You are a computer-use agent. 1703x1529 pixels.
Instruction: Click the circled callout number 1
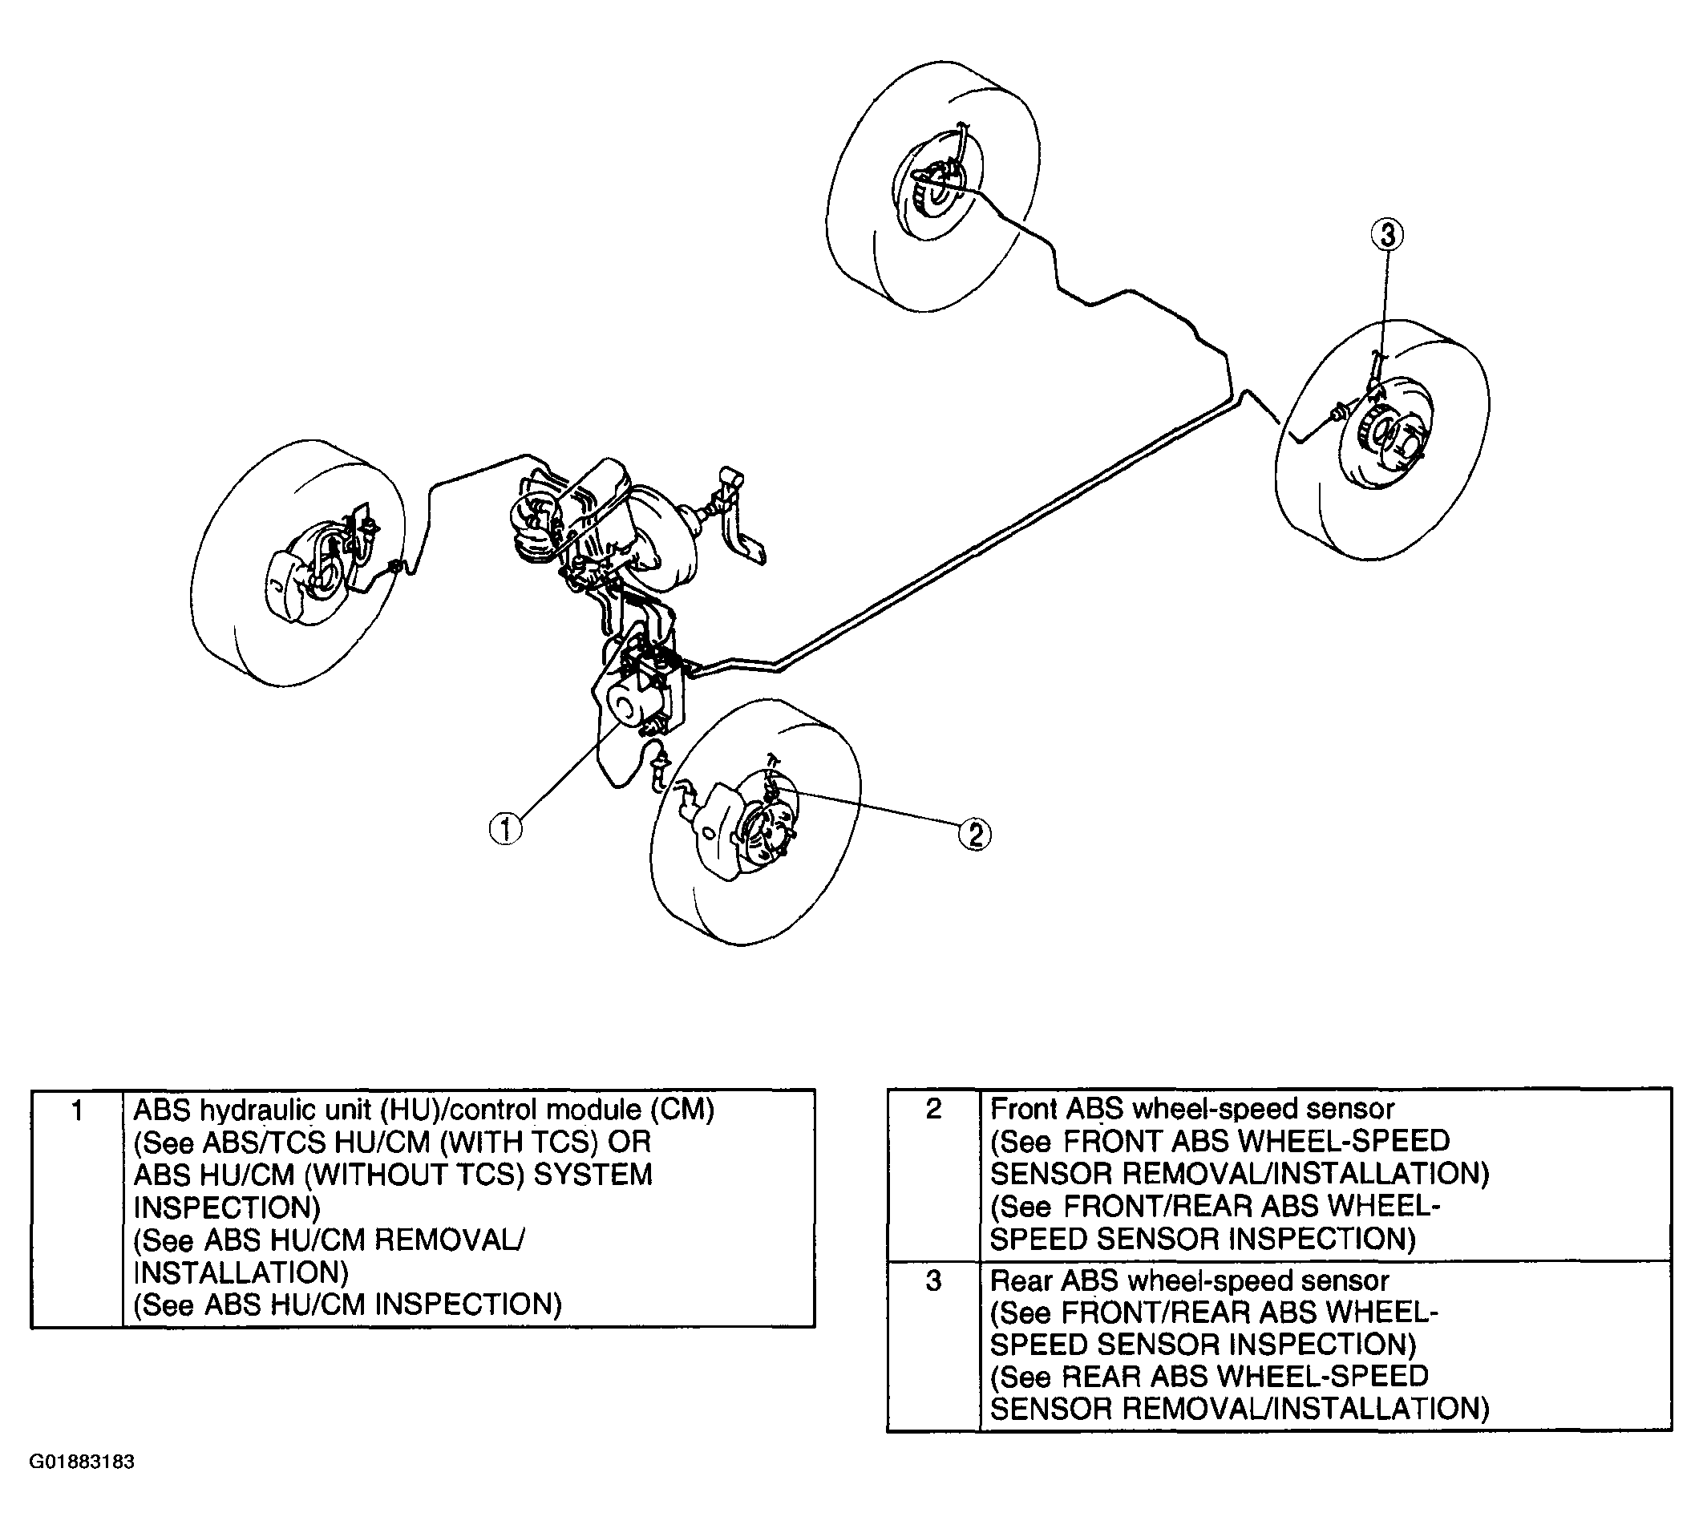coord(505,829)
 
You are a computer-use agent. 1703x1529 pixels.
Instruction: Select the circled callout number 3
coord(1386,234)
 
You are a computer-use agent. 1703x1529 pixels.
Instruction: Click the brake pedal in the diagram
coord(739,521)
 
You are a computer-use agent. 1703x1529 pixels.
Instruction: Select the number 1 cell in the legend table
coord(77,1111)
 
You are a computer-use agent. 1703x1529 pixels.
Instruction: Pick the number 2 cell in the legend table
coord(932,1109)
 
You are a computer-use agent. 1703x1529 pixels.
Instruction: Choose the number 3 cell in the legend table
coord(932,1281)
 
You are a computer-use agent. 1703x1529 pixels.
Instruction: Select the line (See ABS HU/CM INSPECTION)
coord(348,1305)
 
